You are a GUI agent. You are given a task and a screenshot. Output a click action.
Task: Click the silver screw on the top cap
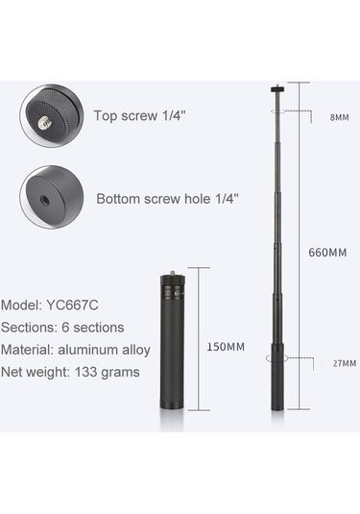pos(43,123)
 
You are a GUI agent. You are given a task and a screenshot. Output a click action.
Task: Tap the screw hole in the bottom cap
pos(45,201)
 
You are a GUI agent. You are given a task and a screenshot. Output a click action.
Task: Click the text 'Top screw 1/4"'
pos(140,115)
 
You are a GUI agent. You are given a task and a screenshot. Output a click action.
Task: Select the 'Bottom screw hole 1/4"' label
pos(167,199)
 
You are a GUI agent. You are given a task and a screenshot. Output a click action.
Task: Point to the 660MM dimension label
pos(327,253)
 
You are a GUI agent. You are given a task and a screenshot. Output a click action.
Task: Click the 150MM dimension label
pos(226,347)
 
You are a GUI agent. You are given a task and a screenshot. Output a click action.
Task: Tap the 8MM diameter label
pos(340,117)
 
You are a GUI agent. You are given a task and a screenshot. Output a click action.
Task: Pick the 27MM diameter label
pos(345,363)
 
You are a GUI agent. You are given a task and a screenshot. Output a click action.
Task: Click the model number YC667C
pos(72,306)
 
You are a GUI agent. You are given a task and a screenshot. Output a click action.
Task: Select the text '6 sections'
pos(93,328)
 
